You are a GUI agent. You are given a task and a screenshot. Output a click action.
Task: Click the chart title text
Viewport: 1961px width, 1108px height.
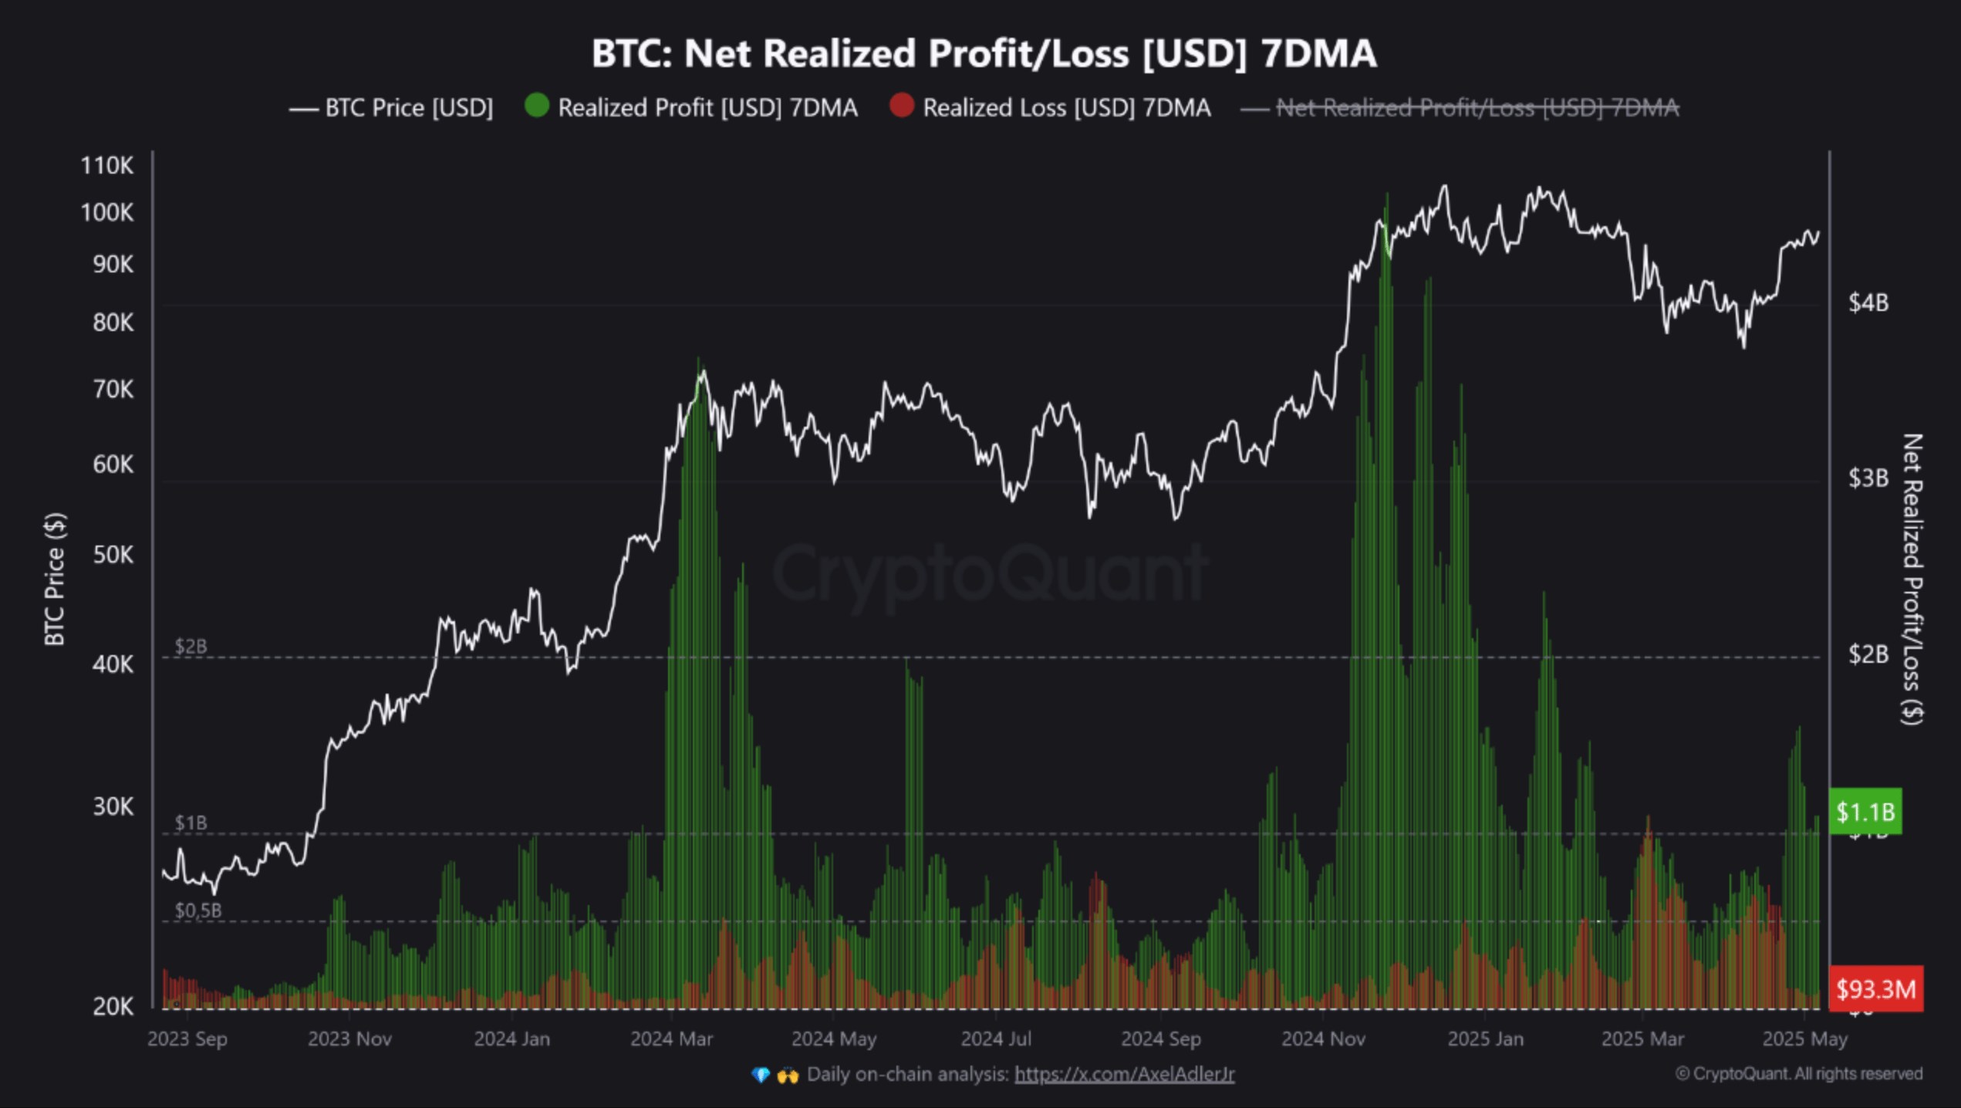[984, 54]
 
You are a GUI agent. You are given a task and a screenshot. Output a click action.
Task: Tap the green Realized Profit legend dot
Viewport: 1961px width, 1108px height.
[537, 106]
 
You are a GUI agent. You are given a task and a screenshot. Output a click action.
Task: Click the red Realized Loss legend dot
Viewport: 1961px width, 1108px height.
[901, 106]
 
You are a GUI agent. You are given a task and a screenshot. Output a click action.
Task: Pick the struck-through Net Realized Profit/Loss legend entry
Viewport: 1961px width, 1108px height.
[1477, 108]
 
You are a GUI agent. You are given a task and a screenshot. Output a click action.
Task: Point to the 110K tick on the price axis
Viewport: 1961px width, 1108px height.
[107, 165]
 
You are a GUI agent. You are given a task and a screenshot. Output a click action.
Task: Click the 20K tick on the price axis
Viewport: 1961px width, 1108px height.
[113, 1006]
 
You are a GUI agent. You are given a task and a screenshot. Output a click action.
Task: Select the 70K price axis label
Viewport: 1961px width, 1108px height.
[113, 390]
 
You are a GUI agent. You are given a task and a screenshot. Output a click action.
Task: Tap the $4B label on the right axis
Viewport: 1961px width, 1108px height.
[1868, 302]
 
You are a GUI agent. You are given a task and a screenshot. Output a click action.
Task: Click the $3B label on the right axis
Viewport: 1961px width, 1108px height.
[1868, 478]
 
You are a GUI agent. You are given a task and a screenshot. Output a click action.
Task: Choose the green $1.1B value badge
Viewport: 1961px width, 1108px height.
[1865, 812]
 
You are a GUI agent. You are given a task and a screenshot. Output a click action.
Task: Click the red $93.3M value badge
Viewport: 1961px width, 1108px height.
[1875, 988]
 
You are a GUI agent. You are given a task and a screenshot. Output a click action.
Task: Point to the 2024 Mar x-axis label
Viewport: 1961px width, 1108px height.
[671, 1039]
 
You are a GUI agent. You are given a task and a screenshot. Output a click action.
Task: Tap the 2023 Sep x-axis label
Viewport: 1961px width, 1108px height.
[187, 1039]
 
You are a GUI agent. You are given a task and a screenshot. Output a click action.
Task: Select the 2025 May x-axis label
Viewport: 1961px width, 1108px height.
[1804, 1039]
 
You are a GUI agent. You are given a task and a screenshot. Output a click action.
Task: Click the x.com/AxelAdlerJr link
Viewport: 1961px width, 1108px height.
[1124, 1074]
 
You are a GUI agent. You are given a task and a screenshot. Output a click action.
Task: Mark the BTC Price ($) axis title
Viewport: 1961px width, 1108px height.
[55, 579]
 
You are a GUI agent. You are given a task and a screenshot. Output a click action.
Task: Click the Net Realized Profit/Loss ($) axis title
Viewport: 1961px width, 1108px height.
[1912, 579]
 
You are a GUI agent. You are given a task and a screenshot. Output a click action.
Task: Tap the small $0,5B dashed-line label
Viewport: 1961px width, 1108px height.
[198, 910]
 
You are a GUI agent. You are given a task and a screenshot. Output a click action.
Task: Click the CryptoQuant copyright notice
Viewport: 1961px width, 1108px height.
[1798, 1074]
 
